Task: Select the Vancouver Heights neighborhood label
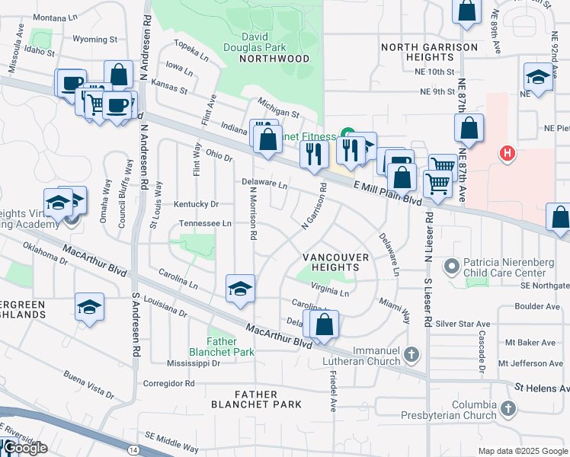pos(335,262)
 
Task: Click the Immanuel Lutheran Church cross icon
pos(411,354)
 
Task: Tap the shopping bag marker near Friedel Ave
pos(325,324)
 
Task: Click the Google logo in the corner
pos(24,448)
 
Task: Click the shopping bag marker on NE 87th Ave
pos(469,127)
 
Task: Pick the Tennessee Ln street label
pos(205,223)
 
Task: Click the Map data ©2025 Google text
pos(522,451)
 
